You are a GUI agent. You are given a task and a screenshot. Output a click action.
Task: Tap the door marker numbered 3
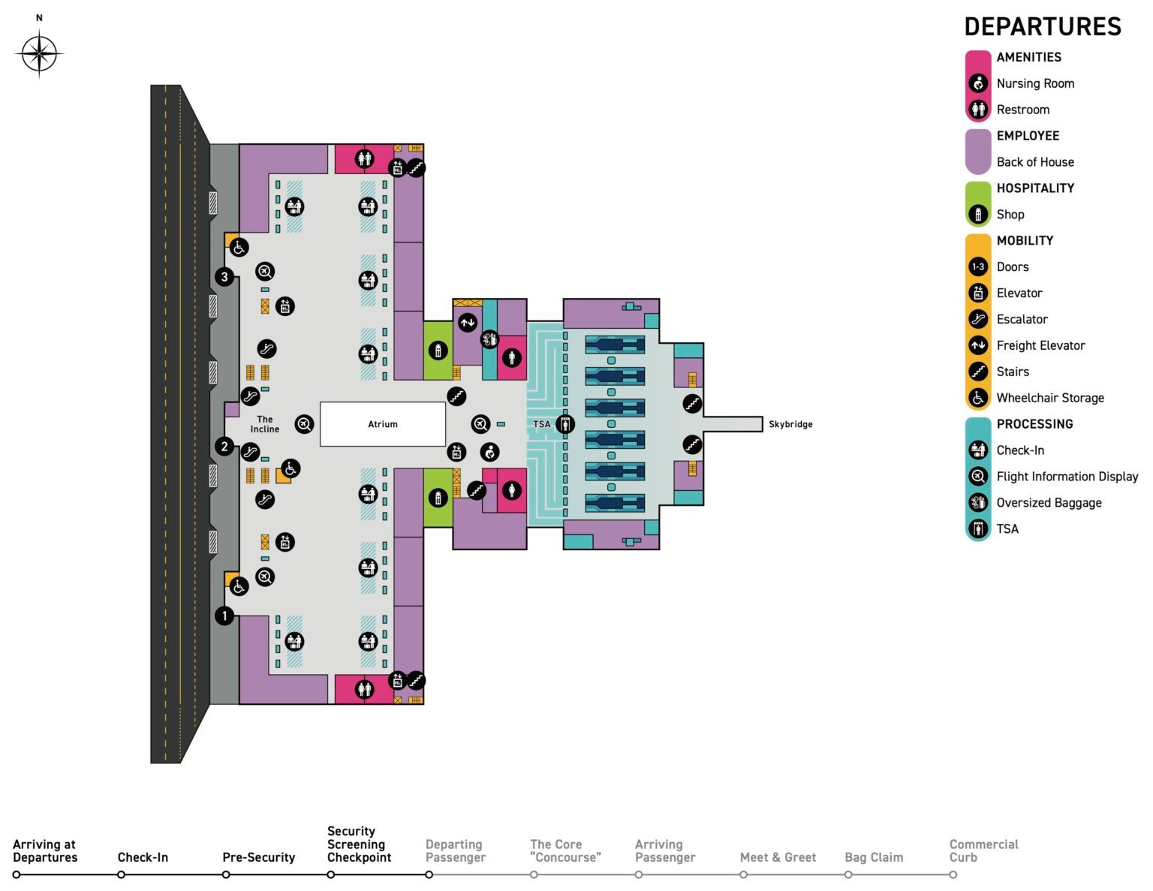[224, 277]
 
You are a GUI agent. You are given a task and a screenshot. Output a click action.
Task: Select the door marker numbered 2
[224, 447]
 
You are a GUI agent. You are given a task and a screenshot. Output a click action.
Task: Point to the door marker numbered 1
[224, 616]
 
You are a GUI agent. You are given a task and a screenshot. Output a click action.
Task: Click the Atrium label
[382, 424]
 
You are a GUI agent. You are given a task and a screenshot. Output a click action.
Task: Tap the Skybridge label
[790, 424]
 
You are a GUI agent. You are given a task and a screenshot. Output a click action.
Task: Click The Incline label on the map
[264, 424]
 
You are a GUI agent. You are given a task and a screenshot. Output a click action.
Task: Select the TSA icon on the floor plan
[564, 424]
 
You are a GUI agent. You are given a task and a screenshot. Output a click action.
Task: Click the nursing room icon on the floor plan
[490, 452]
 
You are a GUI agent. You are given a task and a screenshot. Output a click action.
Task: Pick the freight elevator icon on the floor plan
[468, 323]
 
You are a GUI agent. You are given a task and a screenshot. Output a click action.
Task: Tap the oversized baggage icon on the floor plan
[489, 339]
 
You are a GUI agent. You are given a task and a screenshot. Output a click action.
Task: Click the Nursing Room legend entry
[1034, 83]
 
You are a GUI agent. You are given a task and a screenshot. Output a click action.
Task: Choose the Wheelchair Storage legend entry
[1049, 398]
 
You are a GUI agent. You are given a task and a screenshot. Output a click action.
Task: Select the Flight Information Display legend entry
[1067, 477]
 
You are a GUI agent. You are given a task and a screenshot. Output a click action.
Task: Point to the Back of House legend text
[1034, 162]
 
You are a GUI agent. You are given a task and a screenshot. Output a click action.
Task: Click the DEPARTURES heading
[1042, 27]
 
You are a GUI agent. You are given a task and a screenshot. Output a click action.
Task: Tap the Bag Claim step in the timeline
[873, 857]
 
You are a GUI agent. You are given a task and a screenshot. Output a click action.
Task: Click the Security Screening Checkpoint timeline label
[359, 844]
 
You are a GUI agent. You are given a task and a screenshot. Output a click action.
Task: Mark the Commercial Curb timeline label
[983, 850]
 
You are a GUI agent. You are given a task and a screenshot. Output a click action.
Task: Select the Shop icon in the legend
[977, 215]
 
